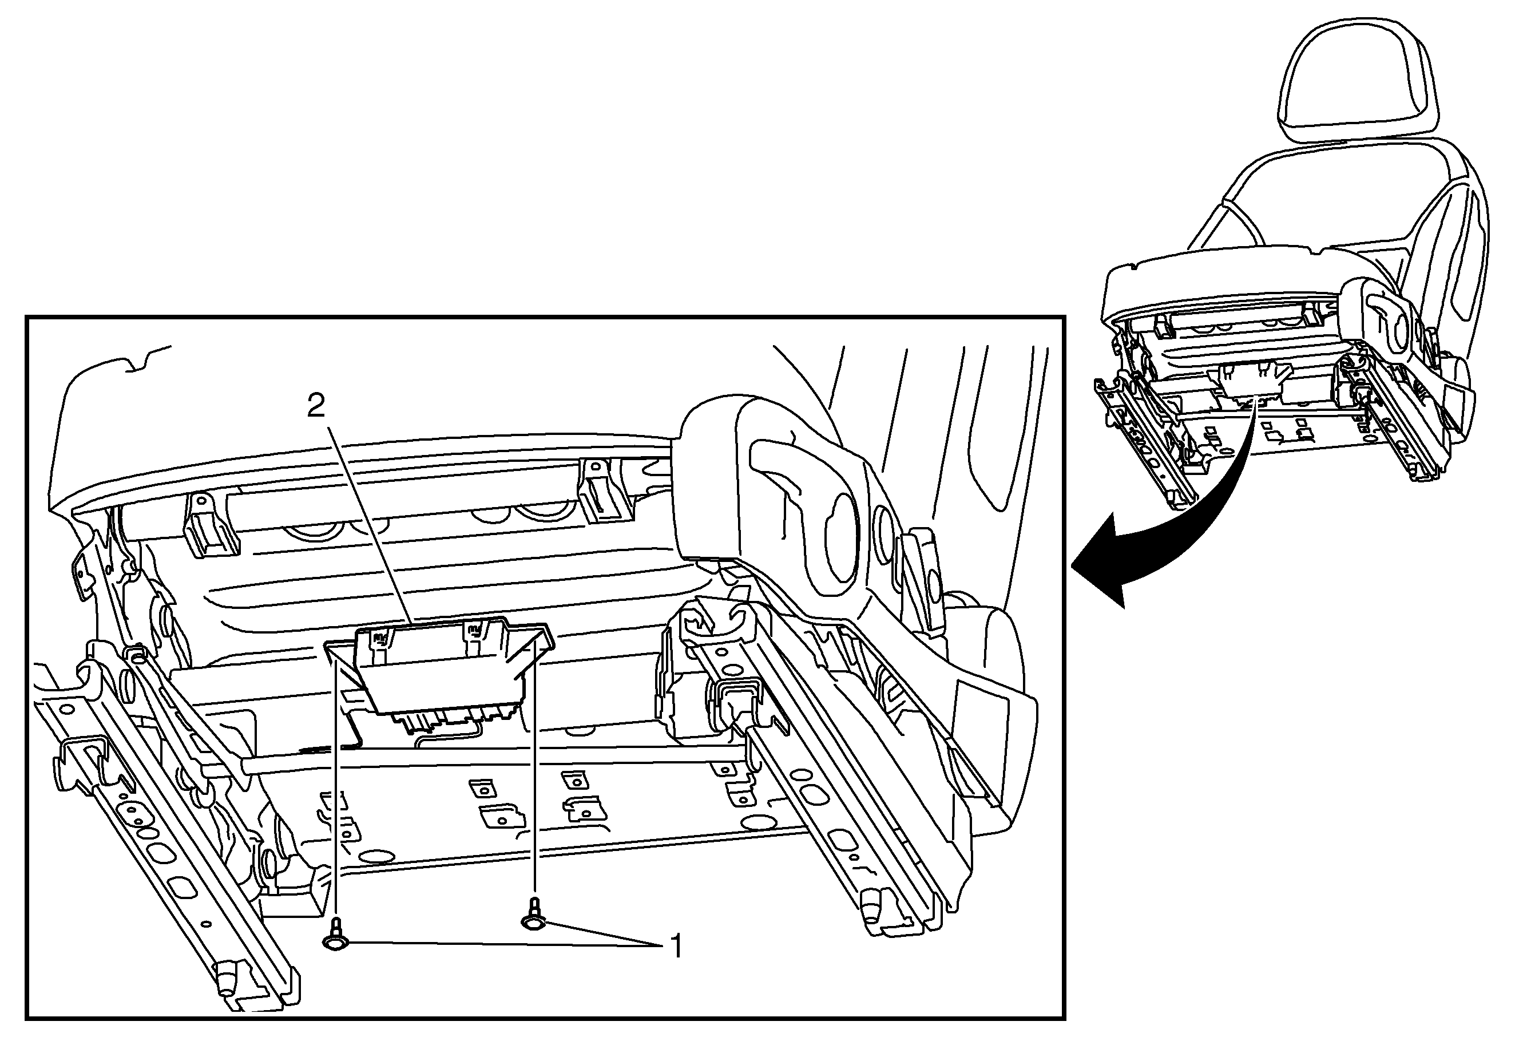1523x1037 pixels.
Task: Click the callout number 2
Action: pos(316,407)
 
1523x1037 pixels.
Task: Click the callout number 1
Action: pos(675,946)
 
